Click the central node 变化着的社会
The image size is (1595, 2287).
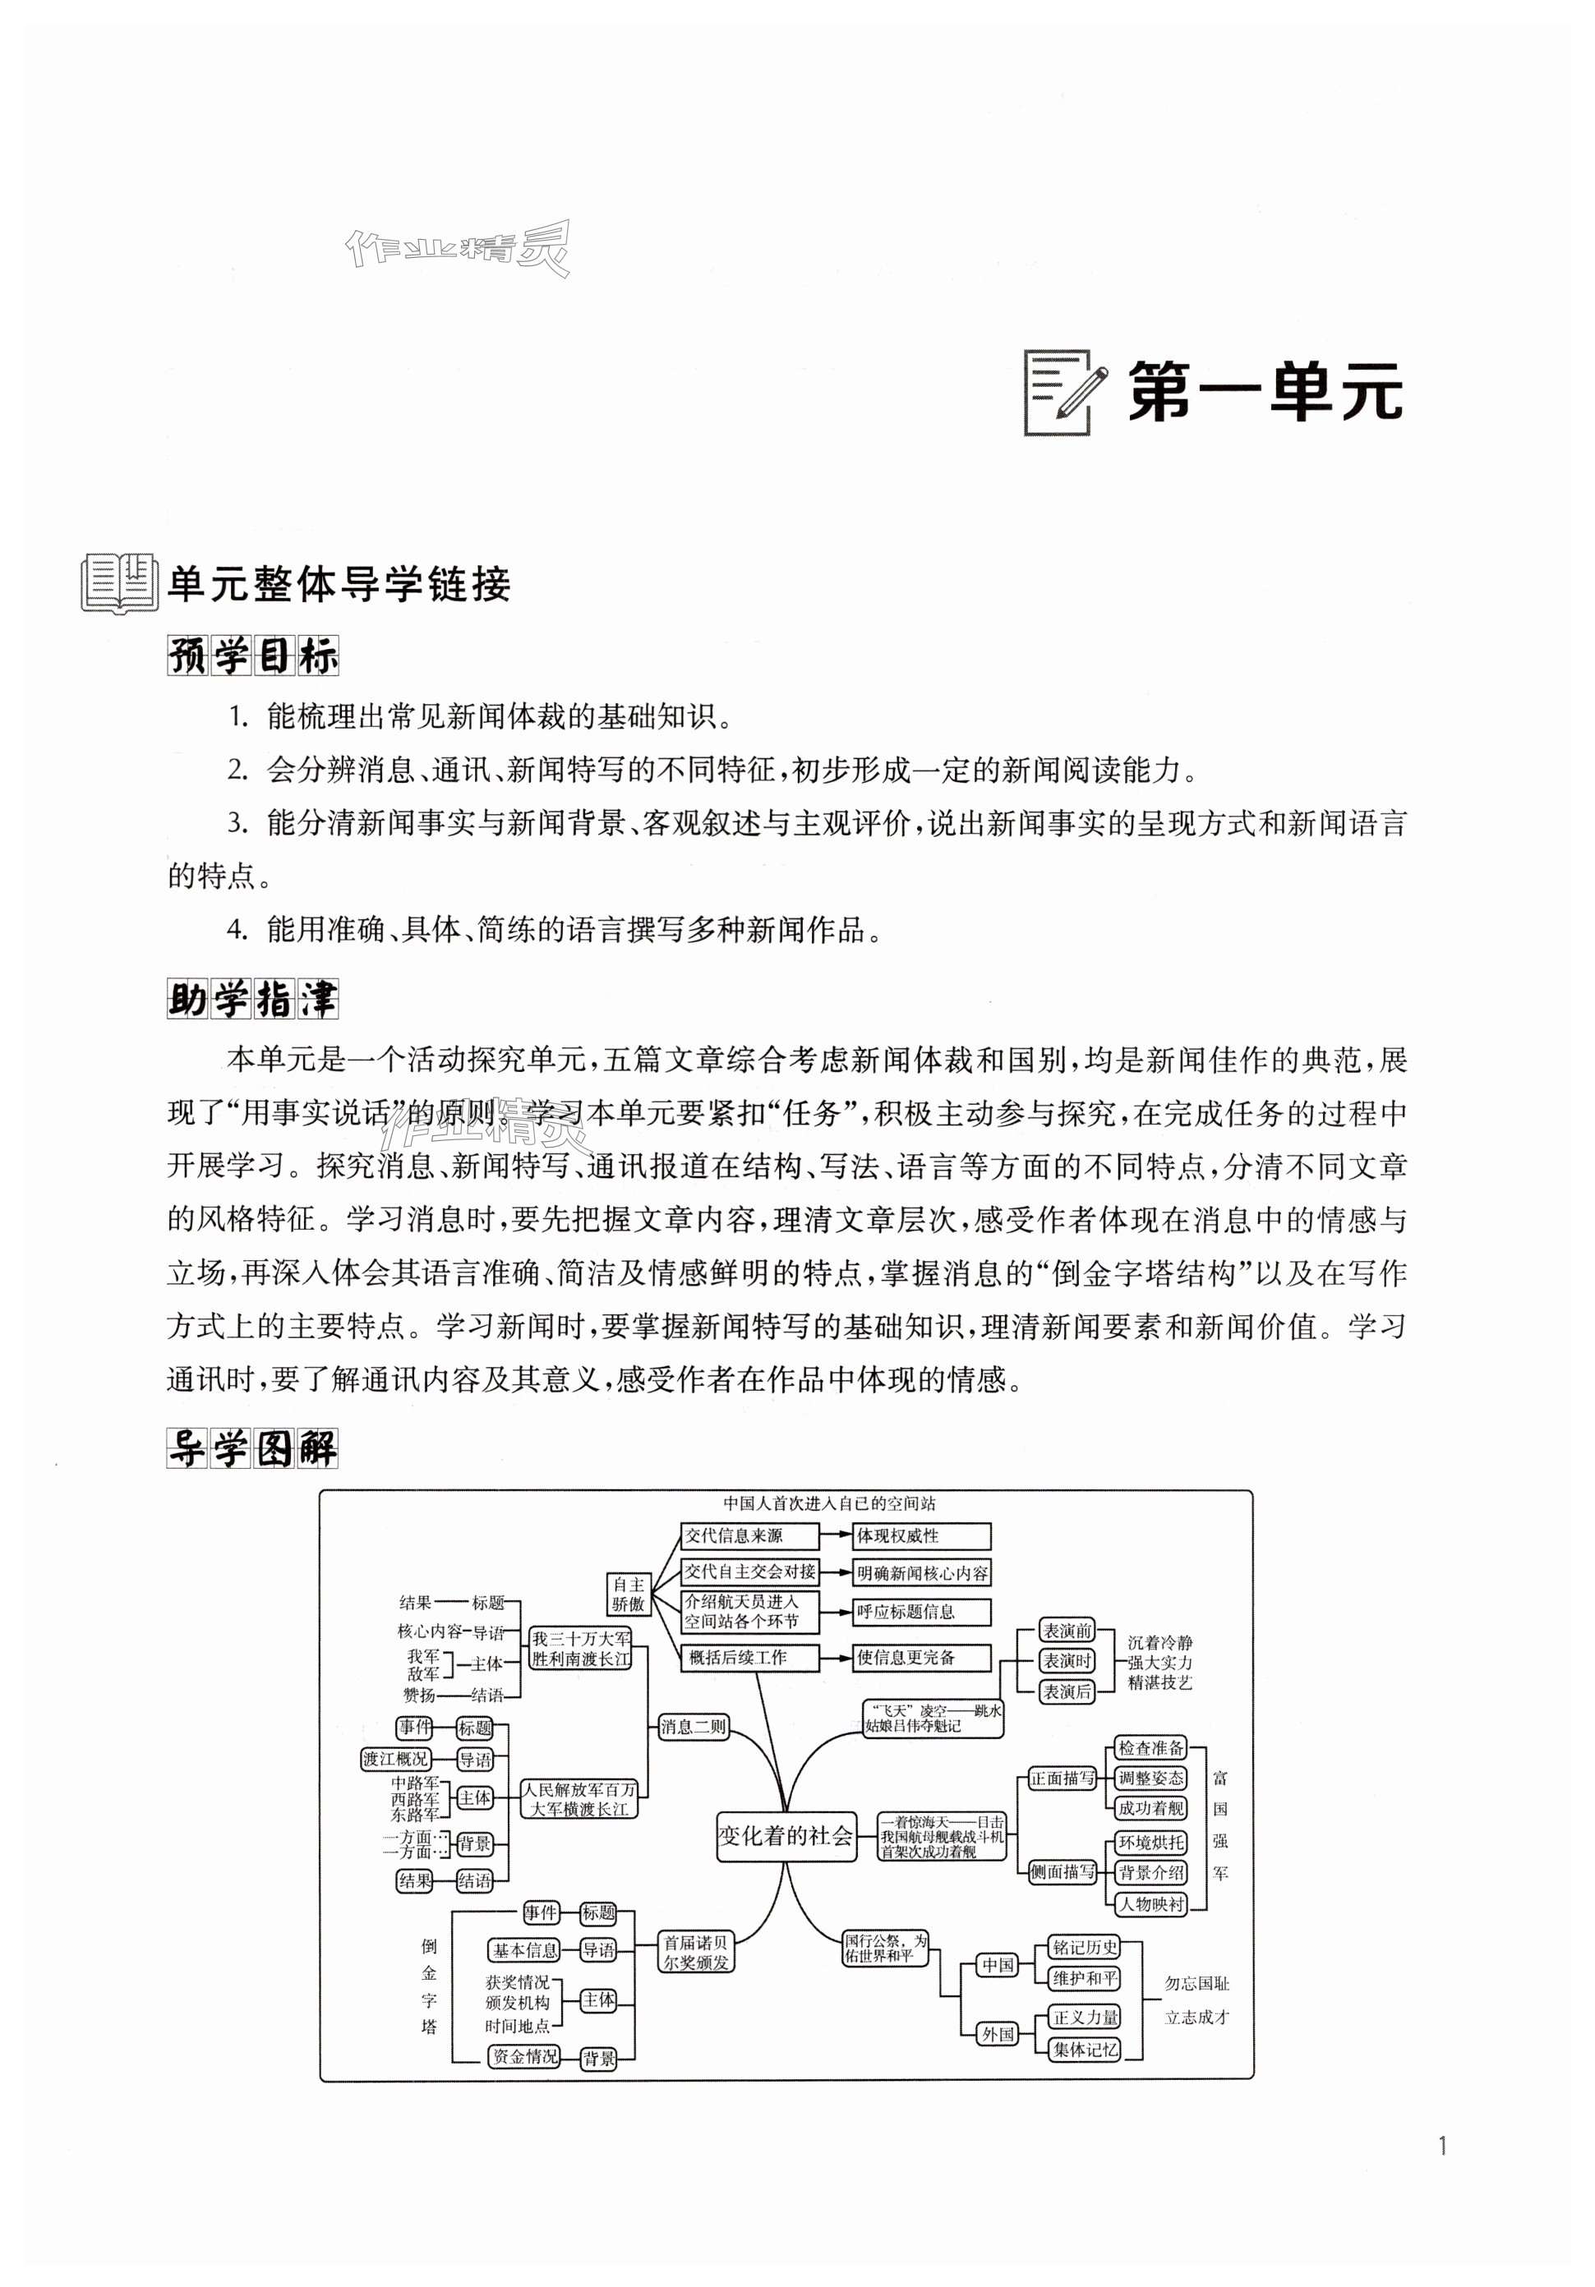[785, 1836]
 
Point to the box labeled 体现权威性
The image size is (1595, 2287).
[920, 1535]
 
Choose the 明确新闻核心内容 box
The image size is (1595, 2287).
[921, 1573]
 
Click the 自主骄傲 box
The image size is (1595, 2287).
[629, 1593]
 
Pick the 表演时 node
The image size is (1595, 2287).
[1066, 1660]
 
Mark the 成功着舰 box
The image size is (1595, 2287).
[1150, 1808]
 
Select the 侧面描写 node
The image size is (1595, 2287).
[1062, 1871]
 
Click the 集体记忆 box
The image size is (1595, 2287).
[1085, 2049]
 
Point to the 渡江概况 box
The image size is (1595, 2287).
[395, 1759]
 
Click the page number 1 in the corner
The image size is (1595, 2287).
[1441, 2146]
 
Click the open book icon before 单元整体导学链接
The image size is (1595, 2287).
[118, 582]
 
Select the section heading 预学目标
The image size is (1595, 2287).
[252, 656]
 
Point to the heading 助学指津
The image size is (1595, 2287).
[252, 999]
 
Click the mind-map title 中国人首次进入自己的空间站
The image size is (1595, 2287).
[829, 1503]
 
